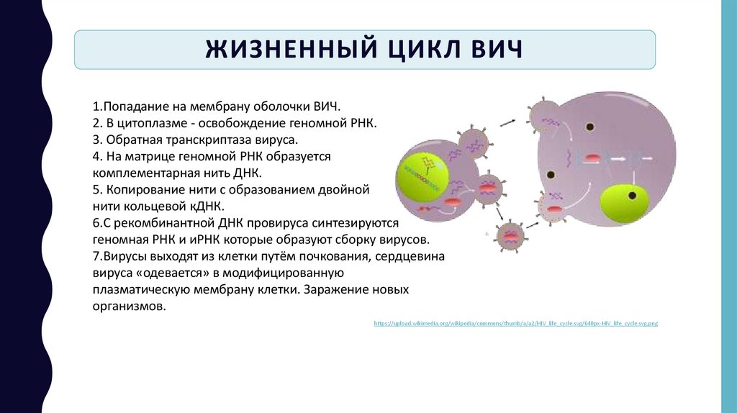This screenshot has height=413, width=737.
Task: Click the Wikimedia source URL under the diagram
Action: (516, 324)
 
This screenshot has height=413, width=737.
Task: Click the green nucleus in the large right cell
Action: (624, 206)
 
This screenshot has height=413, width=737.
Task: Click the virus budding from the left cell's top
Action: (473, 142)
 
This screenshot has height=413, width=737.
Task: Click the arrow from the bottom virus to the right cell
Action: (534, 224)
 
